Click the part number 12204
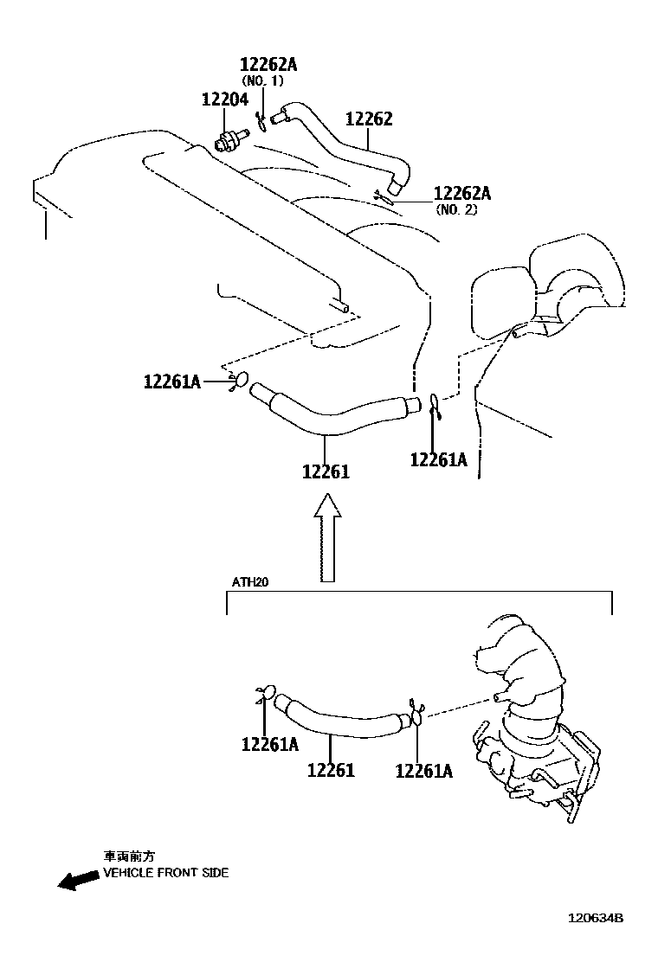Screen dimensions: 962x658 [224, 100]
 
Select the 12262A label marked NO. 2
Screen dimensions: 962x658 [461, 193]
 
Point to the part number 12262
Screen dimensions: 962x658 [369, 119]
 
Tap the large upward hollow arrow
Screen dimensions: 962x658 [326, 537]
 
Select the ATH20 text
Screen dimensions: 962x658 [250, 582]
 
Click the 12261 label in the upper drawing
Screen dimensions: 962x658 [326, 471]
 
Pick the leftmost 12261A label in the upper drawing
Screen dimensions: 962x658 [172, 381]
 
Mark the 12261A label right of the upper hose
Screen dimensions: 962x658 [438, 460]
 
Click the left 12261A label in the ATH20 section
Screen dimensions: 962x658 [270, 744]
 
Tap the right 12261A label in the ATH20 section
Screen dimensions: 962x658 [423, 770]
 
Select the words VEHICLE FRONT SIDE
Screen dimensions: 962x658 [166, 873]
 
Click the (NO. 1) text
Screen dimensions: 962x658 [262, 81]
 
